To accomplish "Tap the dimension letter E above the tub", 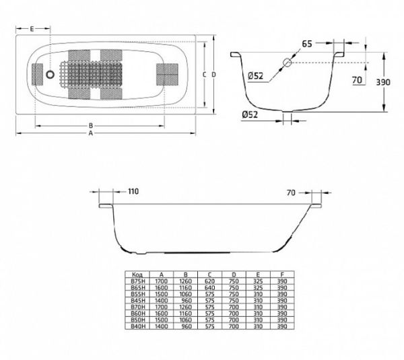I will point(32,28).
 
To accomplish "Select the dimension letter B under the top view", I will point(90,125).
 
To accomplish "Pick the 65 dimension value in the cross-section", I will point(306,44).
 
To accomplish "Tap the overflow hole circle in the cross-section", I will point(288,63).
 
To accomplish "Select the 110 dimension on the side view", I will point(133,192).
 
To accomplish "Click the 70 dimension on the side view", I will point(291,192).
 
